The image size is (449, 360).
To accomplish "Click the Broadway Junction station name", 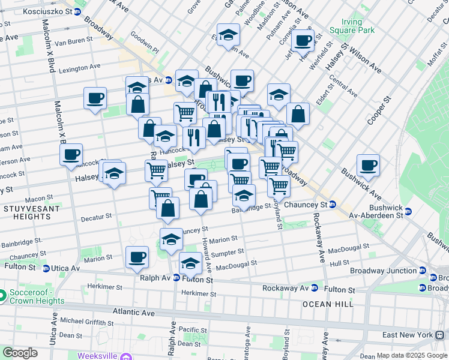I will tap(391, 271).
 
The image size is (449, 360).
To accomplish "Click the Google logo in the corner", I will tap(20, 352).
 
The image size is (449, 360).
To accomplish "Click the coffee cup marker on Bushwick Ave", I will tap(368, 166).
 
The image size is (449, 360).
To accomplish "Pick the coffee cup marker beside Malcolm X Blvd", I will tap(71, 154).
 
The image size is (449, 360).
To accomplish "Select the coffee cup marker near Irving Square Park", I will tap(303, 41).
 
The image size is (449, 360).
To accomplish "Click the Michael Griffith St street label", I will tap(85, 321).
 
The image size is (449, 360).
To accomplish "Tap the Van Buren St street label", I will tap(73, 41).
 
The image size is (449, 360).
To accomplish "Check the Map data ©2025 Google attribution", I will tap(412, 355).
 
